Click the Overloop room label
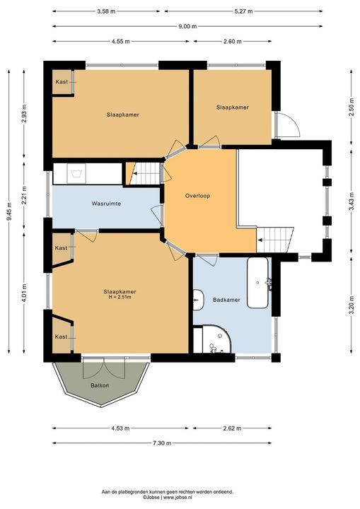(197, 196)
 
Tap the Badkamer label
(226, 300)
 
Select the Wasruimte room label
(106, 204)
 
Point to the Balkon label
(100, 385)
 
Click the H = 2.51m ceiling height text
(120, 297)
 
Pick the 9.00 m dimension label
(187, 26)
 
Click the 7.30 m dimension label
(162, 443)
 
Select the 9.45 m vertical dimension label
(9, 211)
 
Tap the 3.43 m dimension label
(352, 201)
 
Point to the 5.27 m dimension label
(243, 11)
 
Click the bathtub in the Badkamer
(258, 283)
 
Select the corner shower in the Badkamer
(216, 339)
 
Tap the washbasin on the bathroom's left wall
(198, 300)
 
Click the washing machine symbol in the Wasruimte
(76, 174)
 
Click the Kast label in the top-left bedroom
(62, 82)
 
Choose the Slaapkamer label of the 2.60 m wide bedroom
(233, 107)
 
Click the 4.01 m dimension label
(24, 293)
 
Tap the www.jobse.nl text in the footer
(178, 497)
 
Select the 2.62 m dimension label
(232, 428)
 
